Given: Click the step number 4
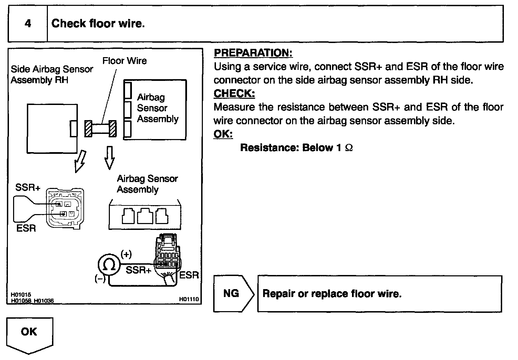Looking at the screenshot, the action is (28, 23).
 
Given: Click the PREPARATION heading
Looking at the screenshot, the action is (253, 53).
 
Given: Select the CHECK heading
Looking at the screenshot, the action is (234, 93).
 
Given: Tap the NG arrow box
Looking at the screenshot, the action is (234, 294).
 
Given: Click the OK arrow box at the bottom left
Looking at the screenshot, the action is (30, 335).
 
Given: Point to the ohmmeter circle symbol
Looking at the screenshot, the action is (109, 264).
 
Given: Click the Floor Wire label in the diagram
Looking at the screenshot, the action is (124, 61).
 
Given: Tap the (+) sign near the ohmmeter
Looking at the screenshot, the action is (126, 254).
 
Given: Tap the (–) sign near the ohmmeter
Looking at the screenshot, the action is (100, 278).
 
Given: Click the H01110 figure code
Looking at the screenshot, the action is (189, 299).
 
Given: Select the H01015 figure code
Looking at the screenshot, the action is (21, 294).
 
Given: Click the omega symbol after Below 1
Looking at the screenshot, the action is (349, 148).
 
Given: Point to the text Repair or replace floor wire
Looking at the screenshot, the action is (332, 294).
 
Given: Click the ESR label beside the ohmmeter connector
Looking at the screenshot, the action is (189, 275).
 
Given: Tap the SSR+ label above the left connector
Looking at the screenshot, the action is (28, 187).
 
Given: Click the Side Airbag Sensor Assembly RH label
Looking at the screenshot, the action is (52, 74).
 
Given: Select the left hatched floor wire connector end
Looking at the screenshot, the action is (88, 128).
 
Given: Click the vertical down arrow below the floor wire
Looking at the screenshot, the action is (110, 158).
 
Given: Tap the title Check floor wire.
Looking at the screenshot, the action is (98, 23).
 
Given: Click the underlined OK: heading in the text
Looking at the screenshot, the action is (223, 134).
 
